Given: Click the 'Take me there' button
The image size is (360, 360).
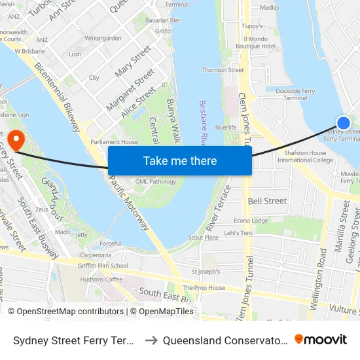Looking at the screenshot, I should point(180,160).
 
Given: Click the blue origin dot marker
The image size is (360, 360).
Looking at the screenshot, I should point(343,122).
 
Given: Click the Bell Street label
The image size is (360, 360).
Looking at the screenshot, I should point(267,201).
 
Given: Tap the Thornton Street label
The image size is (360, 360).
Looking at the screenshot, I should point(223,70).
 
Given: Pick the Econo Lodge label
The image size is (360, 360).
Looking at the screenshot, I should point(251,221).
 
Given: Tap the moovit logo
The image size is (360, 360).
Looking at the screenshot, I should point(320,339).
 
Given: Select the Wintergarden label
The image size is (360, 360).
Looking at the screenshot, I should point(103,39).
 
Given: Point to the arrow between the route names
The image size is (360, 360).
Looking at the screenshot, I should point(149,340).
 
